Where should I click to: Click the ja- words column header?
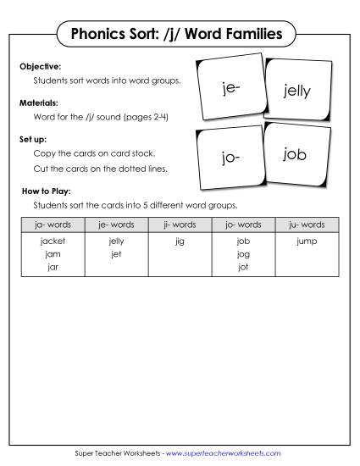pos(53,225)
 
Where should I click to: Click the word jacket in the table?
pos(53,241)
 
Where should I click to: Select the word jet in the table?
pos(116,253)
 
